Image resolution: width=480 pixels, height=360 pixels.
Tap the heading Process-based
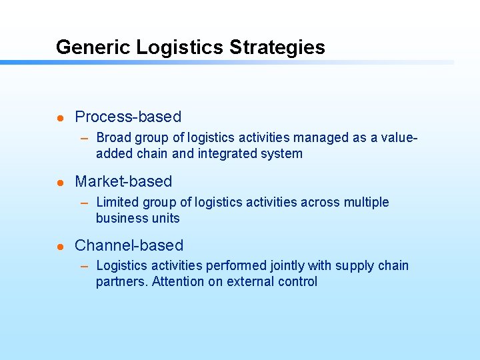click(x=128, y=117)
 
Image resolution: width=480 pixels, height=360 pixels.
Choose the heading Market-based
click(x=123, y=181)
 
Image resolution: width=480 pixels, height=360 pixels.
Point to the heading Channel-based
click(x=129, y=245)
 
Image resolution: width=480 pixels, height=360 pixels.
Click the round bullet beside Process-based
click(x=59, y=118)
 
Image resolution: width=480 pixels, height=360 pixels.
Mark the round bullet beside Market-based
click(x=59, y=183)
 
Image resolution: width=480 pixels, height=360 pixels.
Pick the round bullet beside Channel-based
click(x=59, y=247)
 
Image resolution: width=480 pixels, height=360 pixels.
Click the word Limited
click(x=117, y=202)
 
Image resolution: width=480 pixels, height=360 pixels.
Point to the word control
click(x=297, y=281)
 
